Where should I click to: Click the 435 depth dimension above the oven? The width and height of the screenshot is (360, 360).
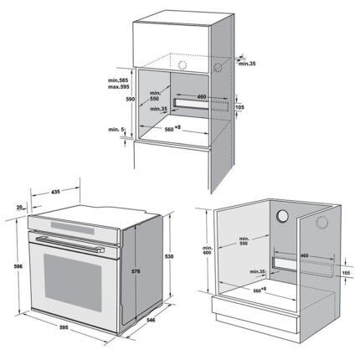[x=55, y=192]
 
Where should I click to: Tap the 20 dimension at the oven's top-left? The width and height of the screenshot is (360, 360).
[x=19, y=208]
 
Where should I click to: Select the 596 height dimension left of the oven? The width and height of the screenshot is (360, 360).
[x=18, y=266]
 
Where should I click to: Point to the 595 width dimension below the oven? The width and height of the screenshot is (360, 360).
[x=64, y=327]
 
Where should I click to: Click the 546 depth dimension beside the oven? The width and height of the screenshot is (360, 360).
[x=151, y=320]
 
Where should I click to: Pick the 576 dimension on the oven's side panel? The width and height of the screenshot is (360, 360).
[x=136, y=271]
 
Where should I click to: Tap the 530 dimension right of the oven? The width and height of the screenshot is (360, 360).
[x=169, y=256]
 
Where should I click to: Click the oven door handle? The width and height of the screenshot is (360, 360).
[x=69, y=244]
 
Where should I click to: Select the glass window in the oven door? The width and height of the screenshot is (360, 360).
[x=73, y=282]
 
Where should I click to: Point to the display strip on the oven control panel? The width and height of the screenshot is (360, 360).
[x=72, y=228]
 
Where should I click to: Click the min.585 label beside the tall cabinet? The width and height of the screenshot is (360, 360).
[x=118, y=80]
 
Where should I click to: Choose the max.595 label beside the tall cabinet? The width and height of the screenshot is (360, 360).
[x=119, y=87]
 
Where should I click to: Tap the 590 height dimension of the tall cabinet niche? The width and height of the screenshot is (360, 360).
[x=131, y=99]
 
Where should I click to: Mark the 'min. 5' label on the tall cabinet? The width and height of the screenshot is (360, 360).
[x=116, y=130]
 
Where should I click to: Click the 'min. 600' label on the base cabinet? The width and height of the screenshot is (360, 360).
[x=208, y=250]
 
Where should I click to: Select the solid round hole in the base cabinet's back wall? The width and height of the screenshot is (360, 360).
[x=282, y=216]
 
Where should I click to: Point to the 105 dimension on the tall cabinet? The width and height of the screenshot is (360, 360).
[x=239, y=107]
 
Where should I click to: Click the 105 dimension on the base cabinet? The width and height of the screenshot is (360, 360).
[x=346, y=273]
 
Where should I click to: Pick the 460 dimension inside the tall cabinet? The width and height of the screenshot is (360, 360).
[x=201, y=97]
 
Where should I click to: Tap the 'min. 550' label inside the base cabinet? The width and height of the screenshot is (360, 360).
[x=244, y=241]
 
